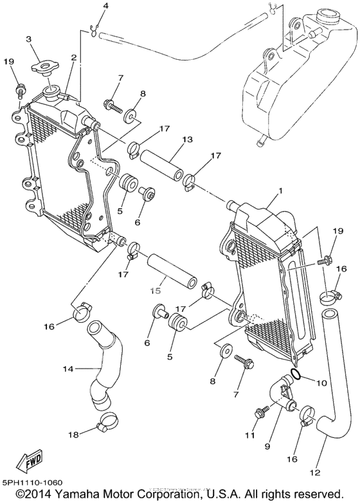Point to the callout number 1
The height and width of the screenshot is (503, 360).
pos(280,191)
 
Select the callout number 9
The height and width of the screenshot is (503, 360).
pos(267,446)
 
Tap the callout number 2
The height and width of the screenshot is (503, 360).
pos(74,58)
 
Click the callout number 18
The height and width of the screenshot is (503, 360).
pos(73,435)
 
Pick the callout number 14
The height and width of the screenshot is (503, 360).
pos(69,369)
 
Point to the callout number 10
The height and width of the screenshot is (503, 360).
pos(321,383)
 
